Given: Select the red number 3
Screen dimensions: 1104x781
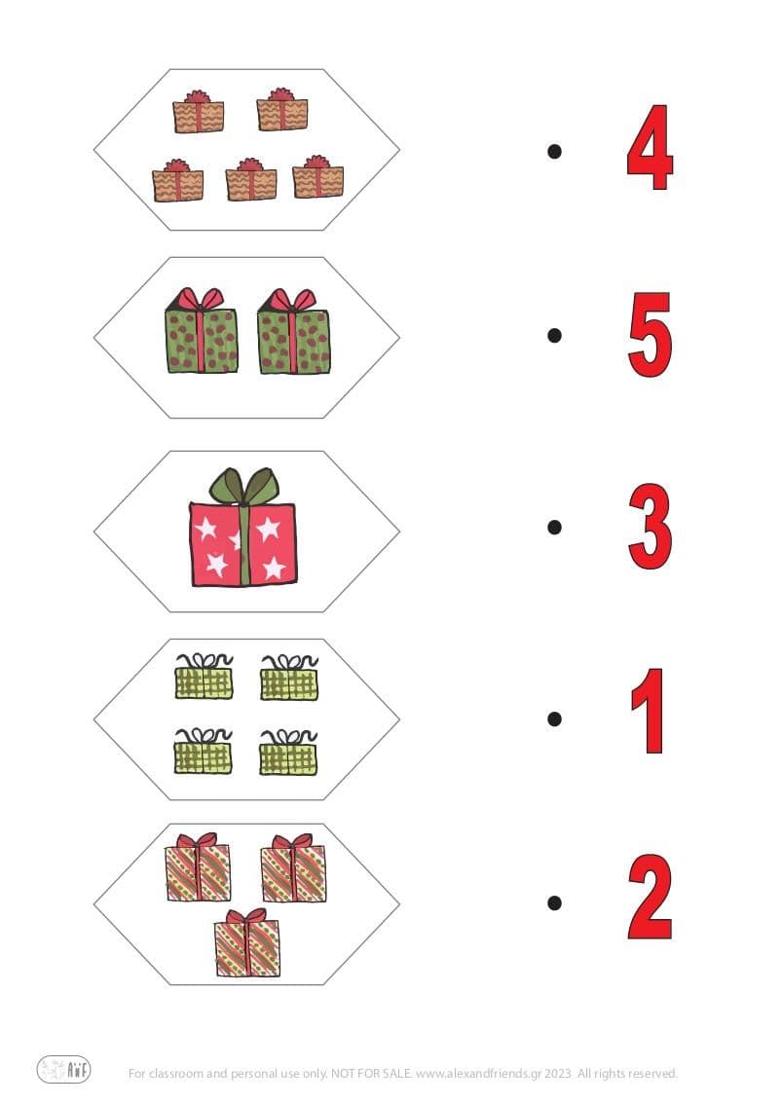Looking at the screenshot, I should (x=650, y=528).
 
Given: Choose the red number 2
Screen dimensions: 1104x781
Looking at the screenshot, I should (x=650, y=898).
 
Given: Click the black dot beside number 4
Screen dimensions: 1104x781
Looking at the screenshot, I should (x=555, y=151).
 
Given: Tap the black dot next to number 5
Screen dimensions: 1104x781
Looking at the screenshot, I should (x=555, y=335).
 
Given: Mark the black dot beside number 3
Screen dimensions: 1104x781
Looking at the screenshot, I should (x=555, y=527).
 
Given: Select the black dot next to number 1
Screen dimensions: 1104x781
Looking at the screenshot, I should (x=555, y=719).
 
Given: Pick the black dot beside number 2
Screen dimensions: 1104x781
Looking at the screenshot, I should (x=555, y=902).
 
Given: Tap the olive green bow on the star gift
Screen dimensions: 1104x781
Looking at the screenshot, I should (x=244, y=485).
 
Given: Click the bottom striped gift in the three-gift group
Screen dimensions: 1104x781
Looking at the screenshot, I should (x=247, y=945).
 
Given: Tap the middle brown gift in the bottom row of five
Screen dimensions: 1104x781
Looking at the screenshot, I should (x=250, y=182).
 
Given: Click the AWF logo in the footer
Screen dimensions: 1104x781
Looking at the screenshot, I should (x=64, y=1069).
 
